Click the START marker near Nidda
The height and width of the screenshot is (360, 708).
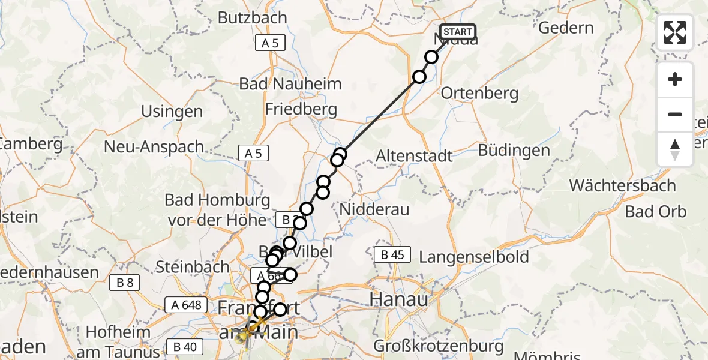click(x=458, y=32)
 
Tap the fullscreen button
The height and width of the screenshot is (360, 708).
click(x=675, y=32)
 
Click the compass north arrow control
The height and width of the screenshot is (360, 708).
click(x=675, y=149)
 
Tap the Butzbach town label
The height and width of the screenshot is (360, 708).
click(x=253, y=17)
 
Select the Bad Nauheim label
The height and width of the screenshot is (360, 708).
click(x=290, y=83)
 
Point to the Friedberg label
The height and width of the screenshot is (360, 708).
click(x=301, y=110)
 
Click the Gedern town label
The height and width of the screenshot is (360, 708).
click(x=566, y=28)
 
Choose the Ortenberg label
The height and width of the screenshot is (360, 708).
click(x=479, y=93)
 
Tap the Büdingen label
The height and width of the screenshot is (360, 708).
click(x=514, y=150)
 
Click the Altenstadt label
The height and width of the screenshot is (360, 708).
click(x=414, y=156)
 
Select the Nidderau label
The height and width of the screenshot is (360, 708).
click(x=374, y=209)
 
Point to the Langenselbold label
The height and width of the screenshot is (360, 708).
click(x=474, y=257)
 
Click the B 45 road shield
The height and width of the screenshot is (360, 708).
click(x=392, y=254)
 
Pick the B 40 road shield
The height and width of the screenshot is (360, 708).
click(x=184, y=347)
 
